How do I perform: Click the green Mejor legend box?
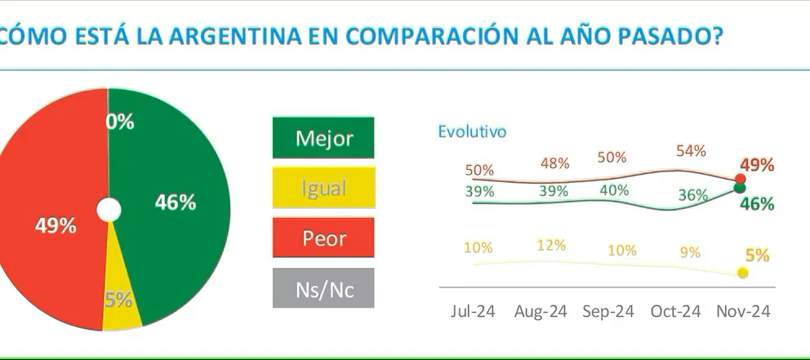323,137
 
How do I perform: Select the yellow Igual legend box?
323,188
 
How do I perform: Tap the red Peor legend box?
323,238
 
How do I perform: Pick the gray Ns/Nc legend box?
323,288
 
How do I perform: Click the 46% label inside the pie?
176,203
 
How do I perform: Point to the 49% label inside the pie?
56,226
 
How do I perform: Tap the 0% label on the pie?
120,122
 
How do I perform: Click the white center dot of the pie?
109,210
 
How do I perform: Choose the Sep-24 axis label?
607,311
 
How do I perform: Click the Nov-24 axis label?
743,311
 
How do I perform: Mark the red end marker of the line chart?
740,179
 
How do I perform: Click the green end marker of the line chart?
740,188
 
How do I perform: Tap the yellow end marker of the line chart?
742,273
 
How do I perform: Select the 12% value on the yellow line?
551,244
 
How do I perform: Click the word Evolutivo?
472,131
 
